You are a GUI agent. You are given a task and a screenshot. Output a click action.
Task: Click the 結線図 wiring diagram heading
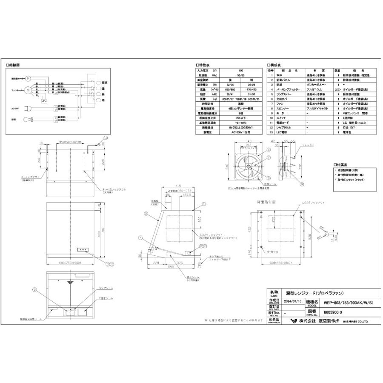click(x=13, y=65)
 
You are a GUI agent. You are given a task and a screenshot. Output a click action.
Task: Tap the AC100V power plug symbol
click(x=29, y=109)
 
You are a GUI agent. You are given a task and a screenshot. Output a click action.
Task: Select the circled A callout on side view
click(x=140, y=239)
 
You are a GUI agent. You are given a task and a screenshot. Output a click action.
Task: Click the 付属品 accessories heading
click(x=343, y=164)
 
